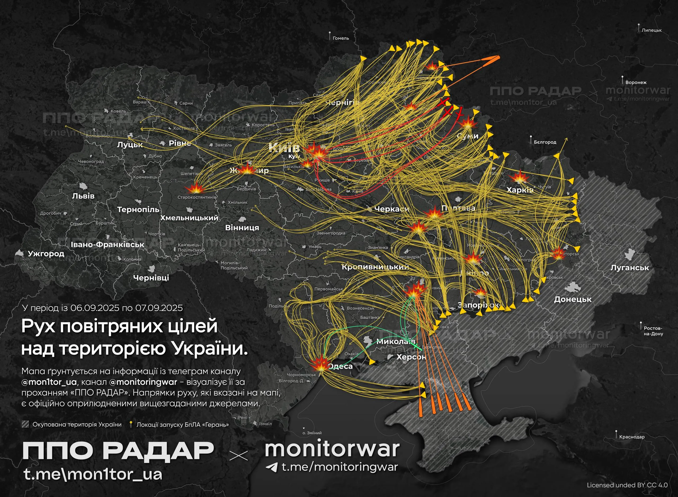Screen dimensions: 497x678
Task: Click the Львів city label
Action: (83, 196)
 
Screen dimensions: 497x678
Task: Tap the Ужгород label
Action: (46, 254)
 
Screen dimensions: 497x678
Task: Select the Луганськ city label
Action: (630, 268)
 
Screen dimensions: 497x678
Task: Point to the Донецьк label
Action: (573, 299)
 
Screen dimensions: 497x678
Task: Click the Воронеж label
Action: (636, 82)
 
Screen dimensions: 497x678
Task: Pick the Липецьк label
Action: (652, 30)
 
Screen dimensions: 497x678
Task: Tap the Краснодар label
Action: (632, 437)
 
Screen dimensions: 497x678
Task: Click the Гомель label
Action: (341, 38)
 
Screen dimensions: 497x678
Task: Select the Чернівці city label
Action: (151, 278)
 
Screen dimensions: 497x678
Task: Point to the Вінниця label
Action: (242, 228)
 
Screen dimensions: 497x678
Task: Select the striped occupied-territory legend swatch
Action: (26, 424)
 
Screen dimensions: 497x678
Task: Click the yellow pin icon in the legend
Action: (130, 424)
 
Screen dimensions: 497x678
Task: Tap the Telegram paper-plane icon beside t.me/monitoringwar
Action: (271, 467)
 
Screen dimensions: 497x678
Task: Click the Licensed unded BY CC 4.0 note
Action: (627, 485)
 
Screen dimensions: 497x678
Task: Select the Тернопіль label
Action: (138, 210)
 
